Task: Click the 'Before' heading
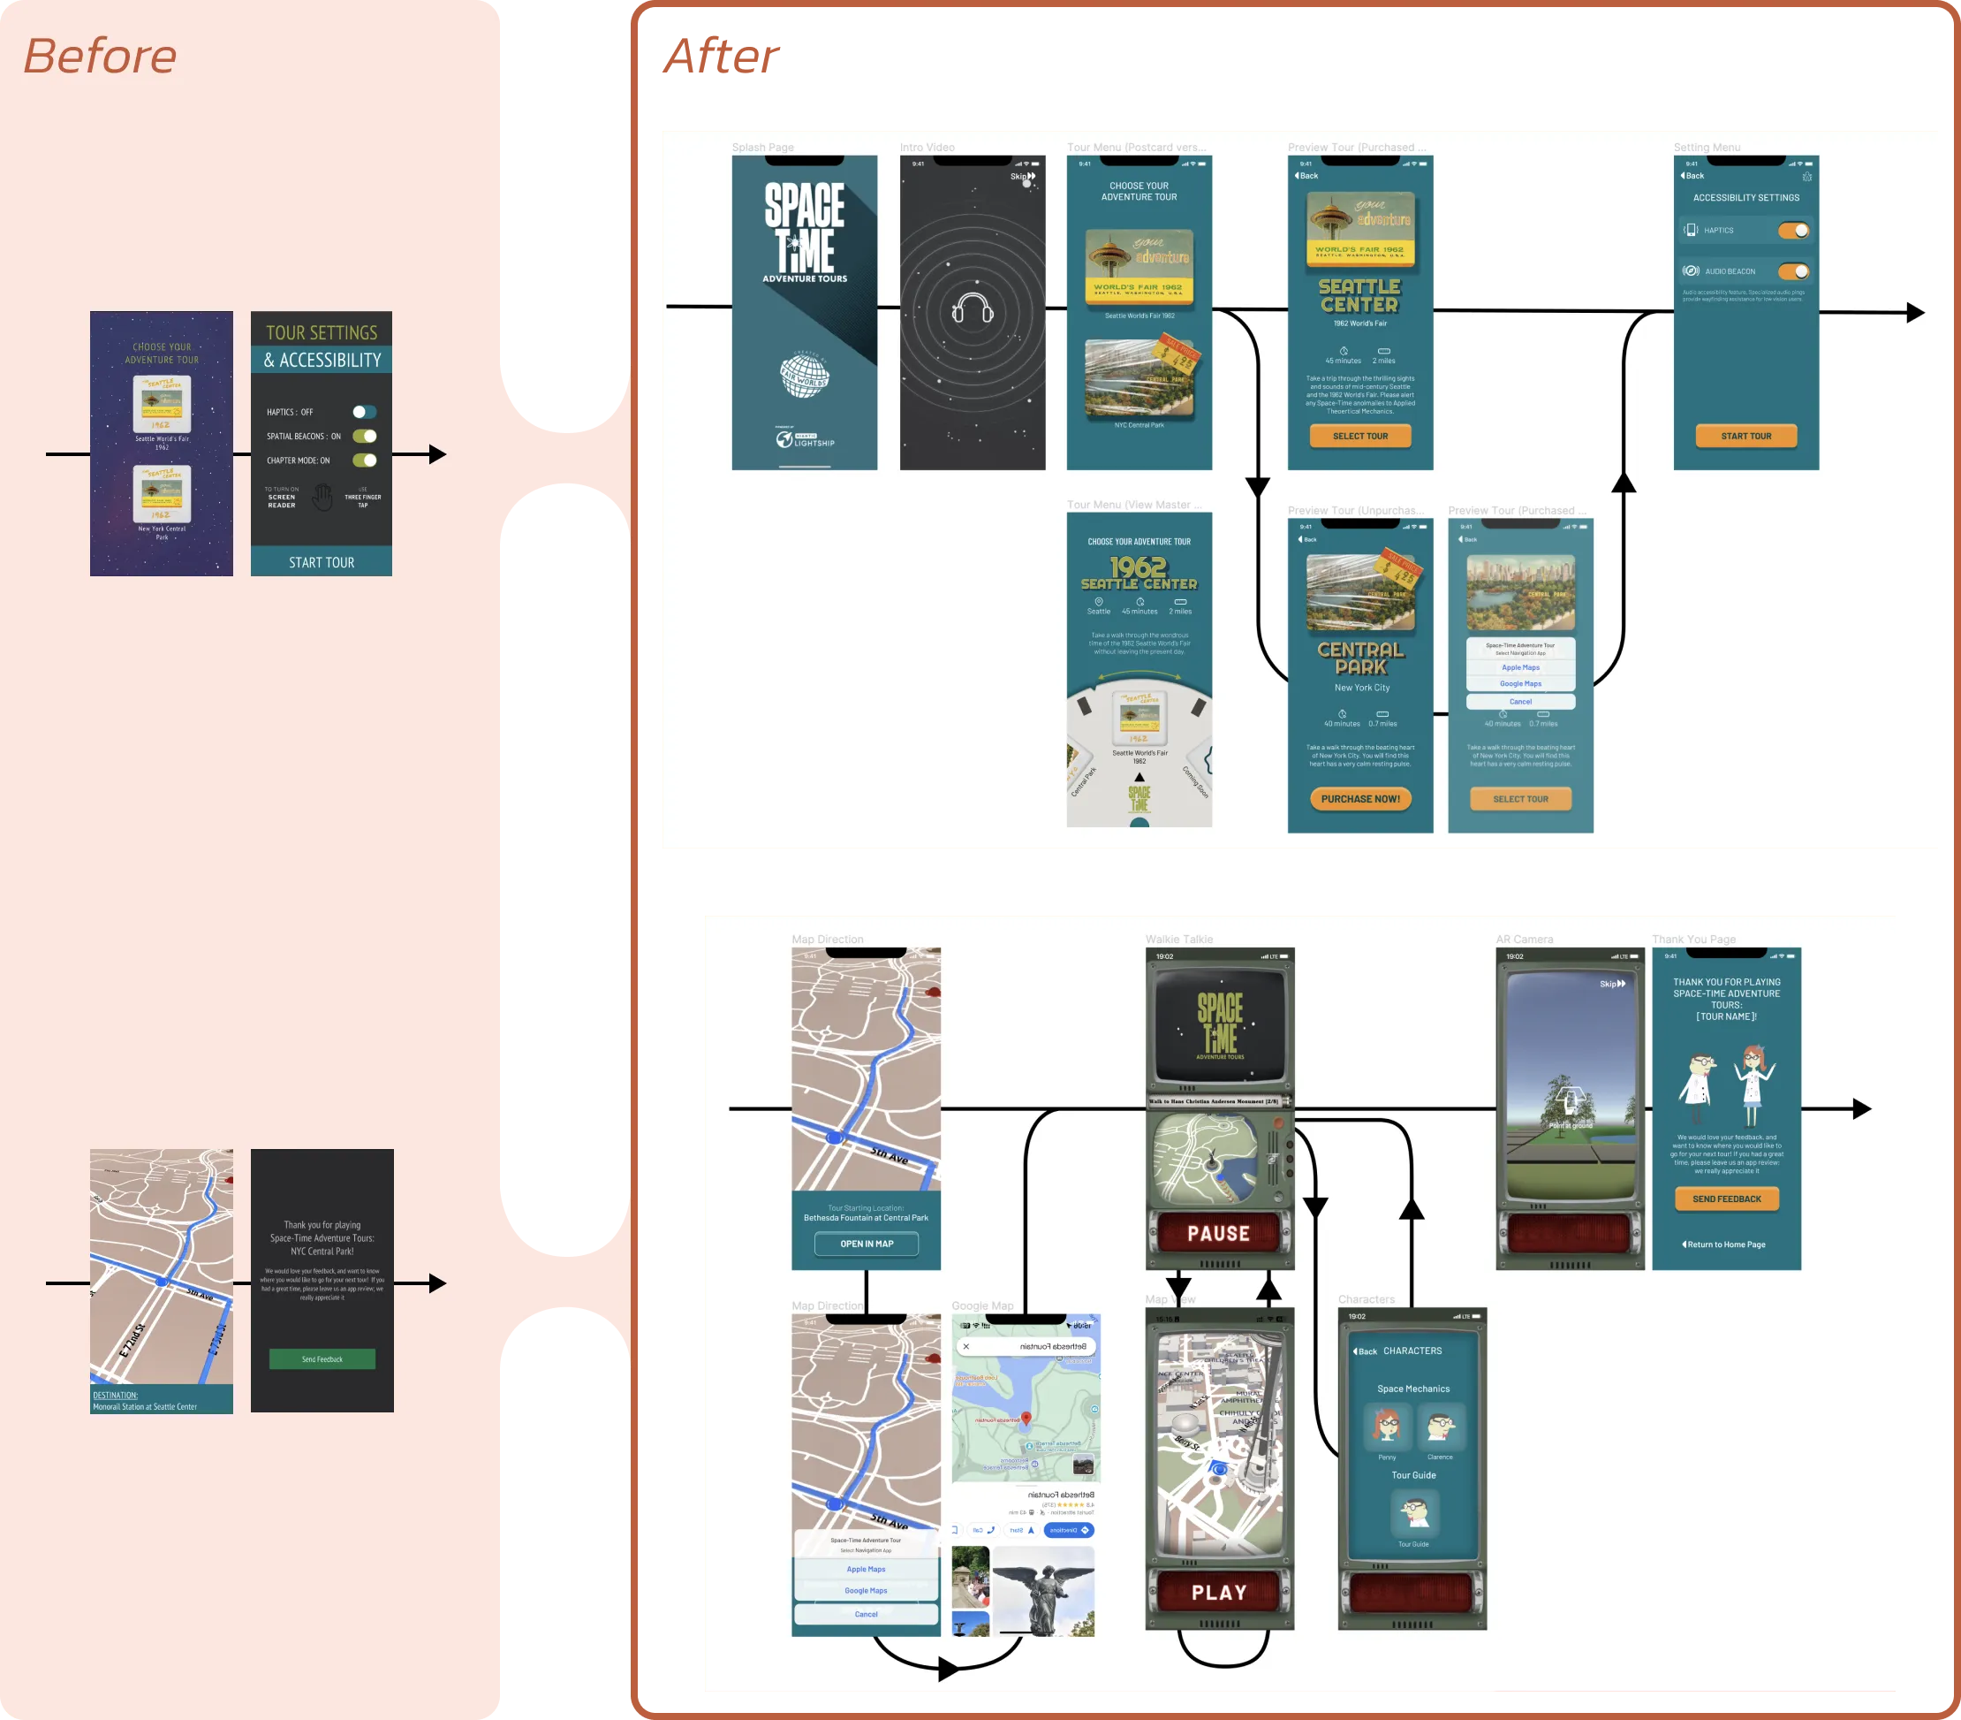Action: (100, 56)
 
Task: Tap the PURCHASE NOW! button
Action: (1359, 799)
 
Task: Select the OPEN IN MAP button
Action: (867, 1244)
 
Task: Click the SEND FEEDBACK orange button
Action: (1726, 1199)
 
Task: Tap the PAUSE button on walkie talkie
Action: (1218, 1233)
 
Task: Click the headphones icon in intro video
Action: (972, 309)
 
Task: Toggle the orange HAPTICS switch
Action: (1792, 231)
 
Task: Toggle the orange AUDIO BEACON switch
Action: (1792, 271)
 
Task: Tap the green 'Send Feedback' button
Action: (322, 1359)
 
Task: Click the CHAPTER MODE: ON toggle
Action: (365, 460)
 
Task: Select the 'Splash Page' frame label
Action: (762, 148)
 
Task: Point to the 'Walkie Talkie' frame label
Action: (1178, 940)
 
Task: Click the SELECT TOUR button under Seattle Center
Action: (1359, 436)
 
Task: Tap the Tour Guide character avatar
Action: (1413, 1512)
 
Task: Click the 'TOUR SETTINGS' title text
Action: (322, 333)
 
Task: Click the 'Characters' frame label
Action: (1367, 1299)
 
